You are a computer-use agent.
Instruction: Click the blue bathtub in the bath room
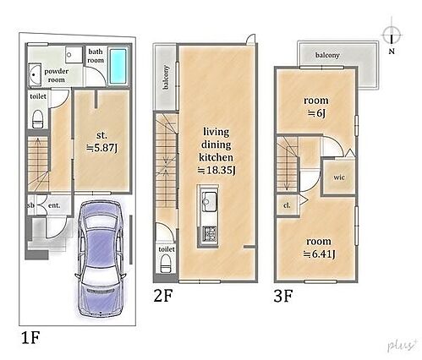(118, 66)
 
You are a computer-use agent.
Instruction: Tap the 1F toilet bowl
(38, 119)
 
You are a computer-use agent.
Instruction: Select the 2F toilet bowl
(166, 264)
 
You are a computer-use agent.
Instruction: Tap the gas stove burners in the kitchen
(209, 233)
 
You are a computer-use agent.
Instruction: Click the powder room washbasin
(36, 74)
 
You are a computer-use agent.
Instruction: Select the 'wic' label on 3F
(339, 177)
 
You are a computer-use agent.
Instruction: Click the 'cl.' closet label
(287, 205)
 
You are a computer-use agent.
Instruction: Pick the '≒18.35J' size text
(216, 170)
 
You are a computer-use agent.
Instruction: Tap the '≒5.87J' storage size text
(101, 147)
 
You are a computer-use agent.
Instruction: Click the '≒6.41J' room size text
(319, 254)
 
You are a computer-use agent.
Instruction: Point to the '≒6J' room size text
(316, 113)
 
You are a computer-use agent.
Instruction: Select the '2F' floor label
(162, 296)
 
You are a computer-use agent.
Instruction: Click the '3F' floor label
(283, 296)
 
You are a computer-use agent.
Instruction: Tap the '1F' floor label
(30, 337)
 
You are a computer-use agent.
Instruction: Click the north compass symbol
(392, 35)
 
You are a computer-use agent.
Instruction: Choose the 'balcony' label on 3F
(327, 55)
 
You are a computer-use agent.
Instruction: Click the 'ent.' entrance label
(54, 205)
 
